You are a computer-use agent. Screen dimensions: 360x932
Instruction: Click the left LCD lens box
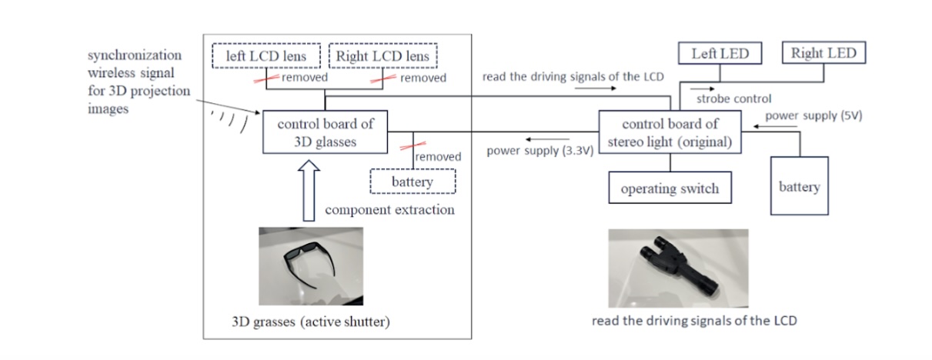point(265,56)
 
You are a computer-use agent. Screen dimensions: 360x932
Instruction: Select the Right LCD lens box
point(383,56)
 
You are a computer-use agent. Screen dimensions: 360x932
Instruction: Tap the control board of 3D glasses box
point(324,132)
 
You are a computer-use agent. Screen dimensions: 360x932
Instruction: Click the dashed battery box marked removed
point(413,182)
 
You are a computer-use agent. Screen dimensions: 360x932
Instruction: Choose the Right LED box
point(823,54)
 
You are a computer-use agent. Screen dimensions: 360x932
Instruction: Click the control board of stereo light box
point(670,132)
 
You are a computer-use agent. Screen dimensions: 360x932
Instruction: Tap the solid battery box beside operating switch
point(800,186)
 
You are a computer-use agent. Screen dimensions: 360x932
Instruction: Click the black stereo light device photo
point(676,266)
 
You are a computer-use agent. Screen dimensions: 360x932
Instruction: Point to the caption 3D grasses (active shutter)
point(311,321)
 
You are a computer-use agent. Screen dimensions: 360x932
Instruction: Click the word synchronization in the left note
point(134,55)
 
